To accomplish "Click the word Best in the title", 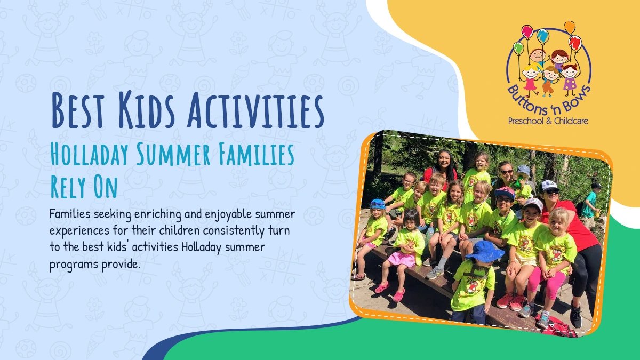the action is pos(77,110).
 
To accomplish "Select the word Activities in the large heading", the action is pos(255,110).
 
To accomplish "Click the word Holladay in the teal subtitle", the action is pos(90,154).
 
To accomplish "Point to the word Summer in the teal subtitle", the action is pos(173,154).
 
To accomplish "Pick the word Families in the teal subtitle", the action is pos(257,154).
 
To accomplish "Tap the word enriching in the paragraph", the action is pos(158,214).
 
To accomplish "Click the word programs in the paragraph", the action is pos(74,265).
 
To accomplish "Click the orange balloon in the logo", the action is pos(570,27).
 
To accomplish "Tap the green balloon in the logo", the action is pos(518,48).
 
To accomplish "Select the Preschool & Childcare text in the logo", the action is pos(548,121).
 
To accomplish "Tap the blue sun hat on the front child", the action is pos(485,250).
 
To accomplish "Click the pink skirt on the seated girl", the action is pos(402,259).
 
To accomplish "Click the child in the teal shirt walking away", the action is pos(589,206).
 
